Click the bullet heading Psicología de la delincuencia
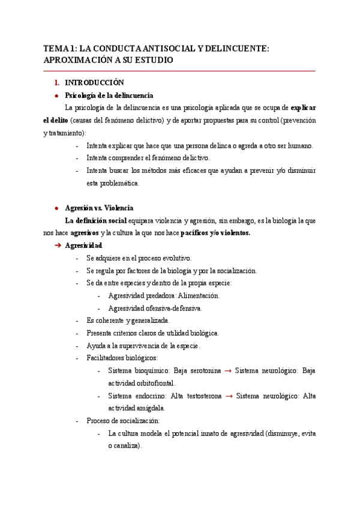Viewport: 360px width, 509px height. point(109,95)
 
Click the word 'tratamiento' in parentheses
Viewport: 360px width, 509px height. point(66,133)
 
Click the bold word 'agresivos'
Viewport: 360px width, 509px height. point(84,233)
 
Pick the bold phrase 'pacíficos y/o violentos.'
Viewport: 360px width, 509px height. point(215,233)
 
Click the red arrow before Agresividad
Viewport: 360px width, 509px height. point(58,246)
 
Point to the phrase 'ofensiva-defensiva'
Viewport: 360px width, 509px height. point(172,308)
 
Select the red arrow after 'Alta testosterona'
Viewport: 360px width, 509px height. point(229,396)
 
